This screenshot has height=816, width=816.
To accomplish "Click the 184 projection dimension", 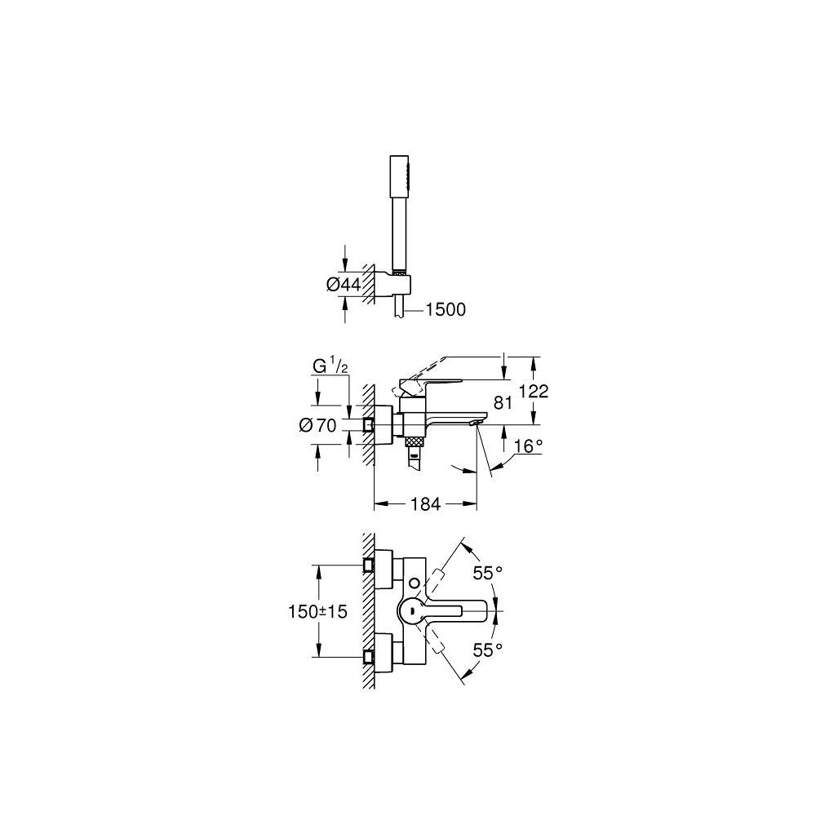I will (424, 504).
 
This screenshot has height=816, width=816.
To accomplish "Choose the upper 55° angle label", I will (487, 574).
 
